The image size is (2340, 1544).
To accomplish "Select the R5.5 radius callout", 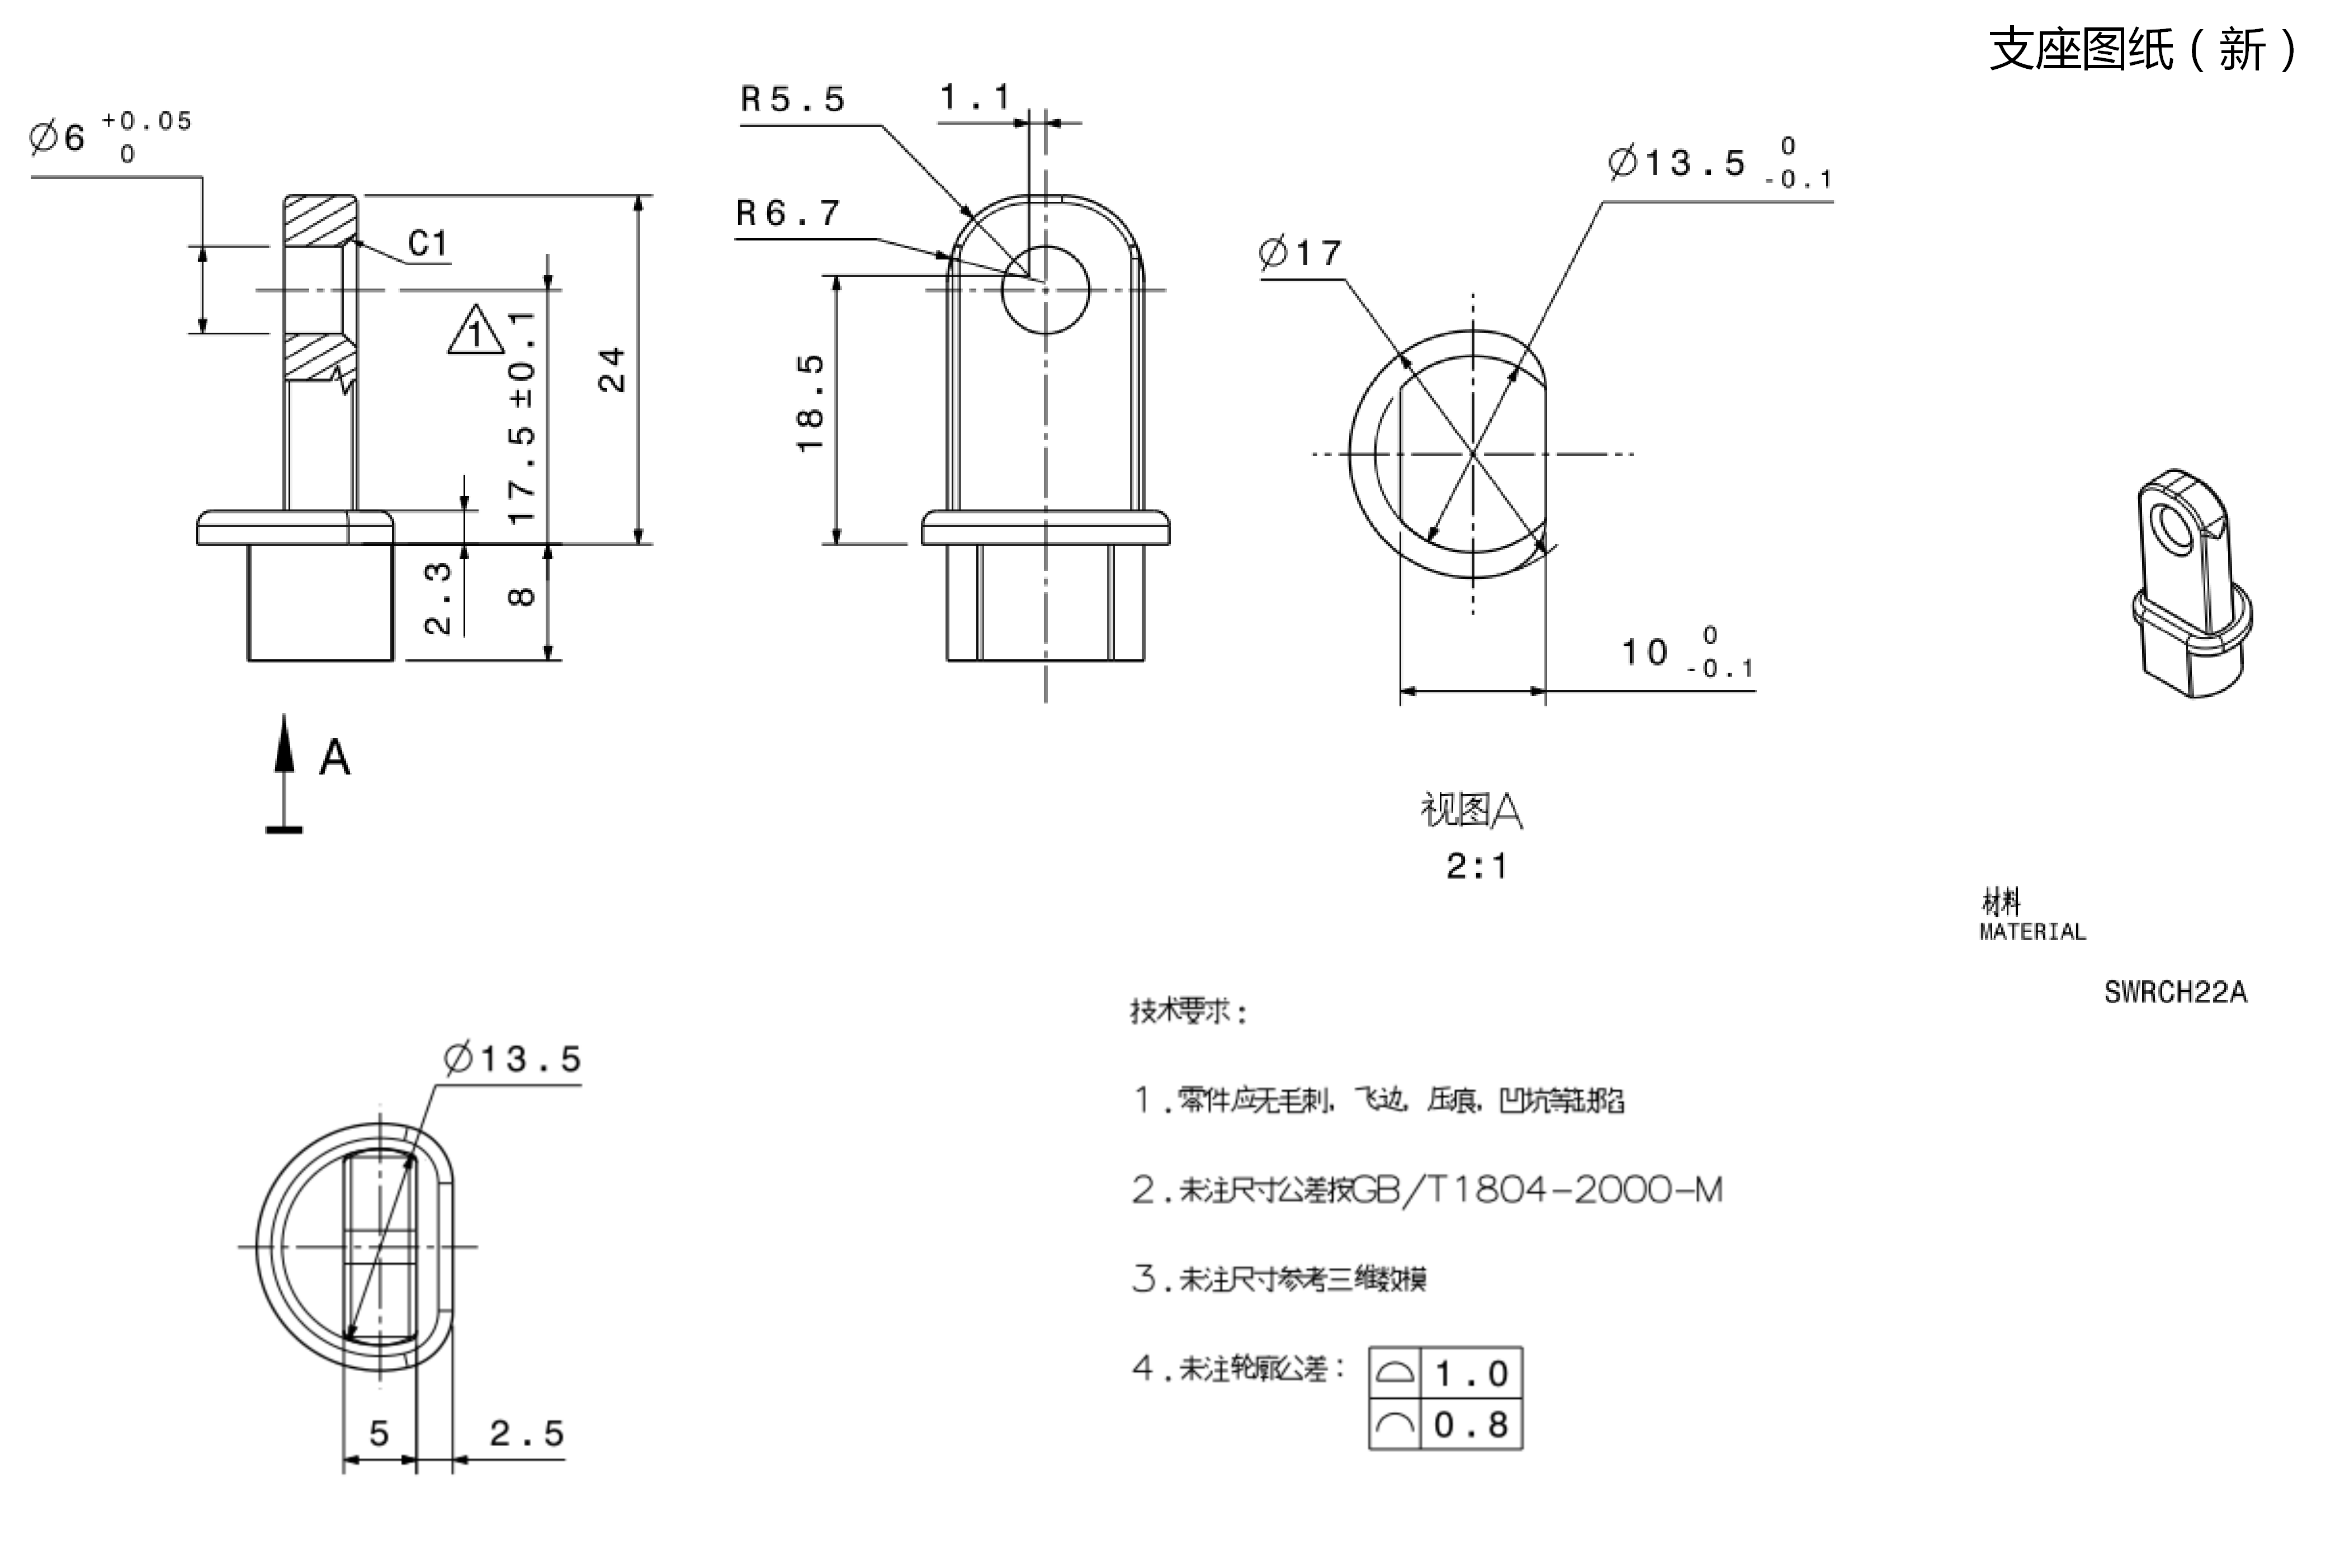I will coord(792,100).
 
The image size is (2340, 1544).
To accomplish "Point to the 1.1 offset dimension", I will coord(975,97).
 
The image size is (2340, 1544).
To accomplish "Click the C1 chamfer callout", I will coord(428,243).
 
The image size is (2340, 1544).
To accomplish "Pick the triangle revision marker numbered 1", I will coord(475,331).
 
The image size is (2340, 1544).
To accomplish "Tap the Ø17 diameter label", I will coord(1301,253).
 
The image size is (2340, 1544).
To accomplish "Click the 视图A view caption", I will coord(1472,810).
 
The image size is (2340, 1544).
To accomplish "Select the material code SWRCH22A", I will coord(2176,993).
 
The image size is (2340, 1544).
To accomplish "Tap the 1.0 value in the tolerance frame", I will coord(1471,1373).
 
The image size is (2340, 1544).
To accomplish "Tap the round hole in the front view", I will coord(1046,290).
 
